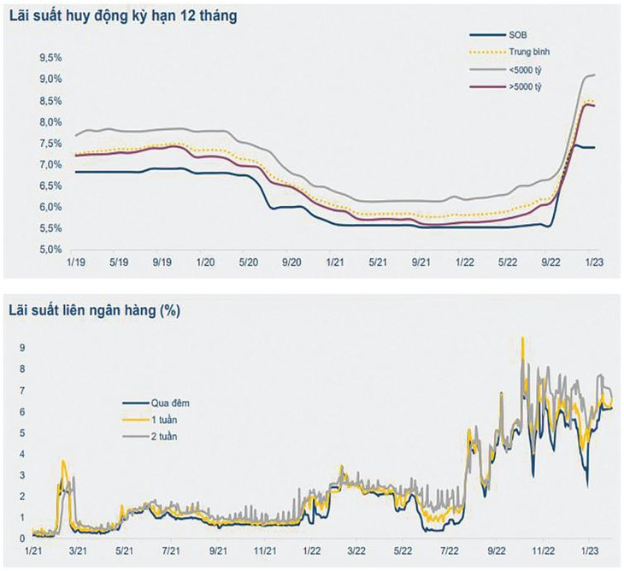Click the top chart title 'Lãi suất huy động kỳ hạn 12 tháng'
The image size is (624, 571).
123,18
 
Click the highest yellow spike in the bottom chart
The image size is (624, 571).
521,338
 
